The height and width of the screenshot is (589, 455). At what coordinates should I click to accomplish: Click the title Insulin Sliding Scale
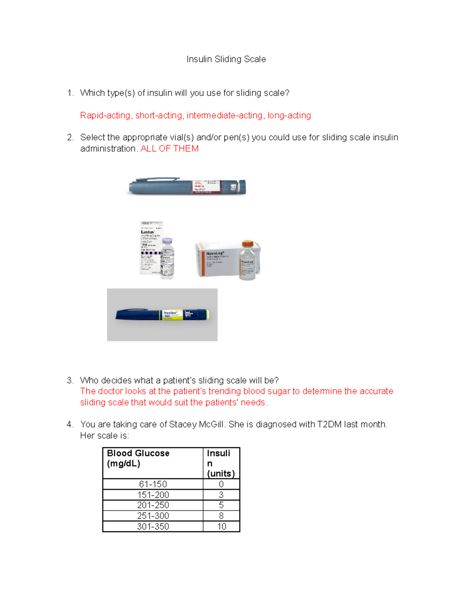226,59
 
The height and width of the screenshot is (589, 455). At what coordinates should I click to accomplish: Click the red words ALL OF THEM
169,149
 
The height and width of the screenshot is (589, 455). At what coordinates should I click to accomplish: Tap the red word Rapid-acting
105,115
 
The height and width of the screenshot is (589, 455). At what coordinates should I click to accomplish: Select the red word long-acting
289,115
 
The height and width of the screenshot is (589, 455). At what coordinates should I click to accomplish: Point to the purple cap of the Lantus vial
167,241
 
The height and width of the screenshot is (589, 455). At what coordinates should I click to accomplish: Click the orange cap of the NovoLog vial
248,243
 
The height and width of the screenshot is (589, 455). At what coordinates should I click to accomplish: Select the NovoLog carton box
216,260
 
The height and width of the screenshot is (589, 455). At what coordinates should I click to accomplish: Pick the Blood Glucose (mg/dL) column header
152,459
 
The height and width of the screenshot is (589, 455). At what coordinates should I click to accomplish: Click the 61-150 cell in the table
153,484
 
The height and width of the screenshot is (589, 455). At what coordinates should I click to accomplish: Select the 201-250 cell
153,505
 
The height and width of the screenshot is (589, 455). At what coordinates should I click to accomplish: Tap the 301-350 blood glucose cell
153,526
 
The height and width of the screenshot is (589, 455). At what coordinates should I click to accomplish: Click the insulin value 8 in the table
221,516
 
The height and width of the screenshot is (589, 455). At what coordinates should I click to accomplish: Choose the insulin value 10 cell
221,526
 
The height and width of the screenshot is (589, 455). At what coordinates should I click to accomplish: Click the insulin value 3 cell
221,495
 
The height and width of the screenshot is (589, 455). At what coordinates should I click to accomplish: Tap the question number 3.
70,380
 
